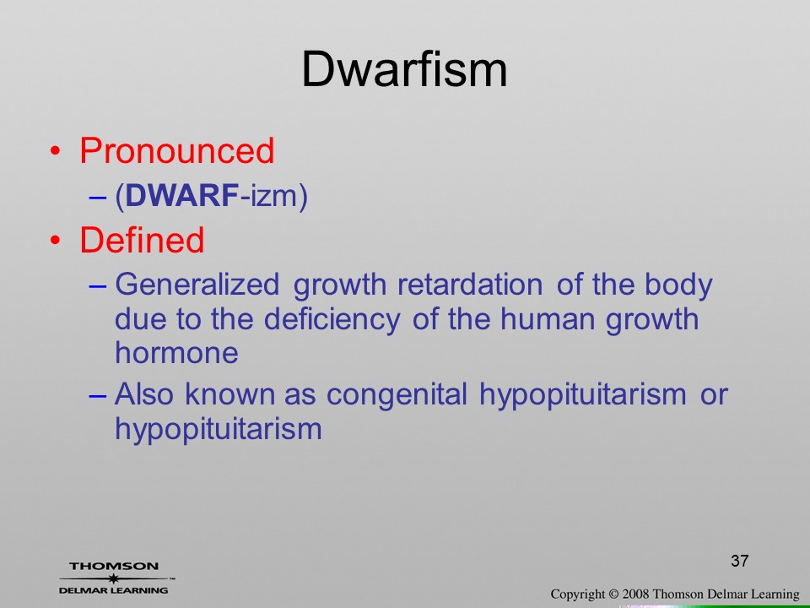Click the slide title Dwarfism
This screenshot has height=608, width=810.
click(404, 69)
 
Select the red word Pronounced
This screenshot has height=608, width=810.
click(176, 151)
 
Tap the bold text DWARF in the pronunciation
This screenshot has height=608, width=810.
click(182, 196)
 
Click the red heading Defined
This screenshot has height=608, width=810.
click(142, 240)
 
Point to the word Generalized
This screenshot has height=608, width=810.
click(197, 285)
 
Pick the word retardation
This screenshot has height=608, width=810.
click(470, 285)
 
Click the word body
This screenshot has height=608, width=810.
click(678, 285)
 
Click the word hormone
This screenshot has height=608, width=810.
click(176, 353)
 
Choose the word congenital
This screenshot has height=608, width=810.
click(397, 394)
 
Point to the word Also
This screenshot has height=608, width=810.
click(144, 394)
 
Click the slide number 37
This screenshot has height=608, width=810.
click(740, 561)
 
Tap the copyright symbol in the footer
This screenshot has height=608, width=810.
click(613, 594)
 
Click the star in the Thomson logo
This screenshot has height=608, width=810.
click(113, 578)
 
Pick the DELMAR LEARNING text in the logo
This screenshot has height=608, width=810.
click(114, 590)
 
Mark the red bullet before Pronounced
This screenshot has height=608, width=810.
click(56, 151)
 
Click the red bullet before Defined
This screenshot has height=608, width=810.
click(56, 241)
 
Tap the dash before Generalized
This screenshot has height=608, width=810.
click(98, 286)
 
